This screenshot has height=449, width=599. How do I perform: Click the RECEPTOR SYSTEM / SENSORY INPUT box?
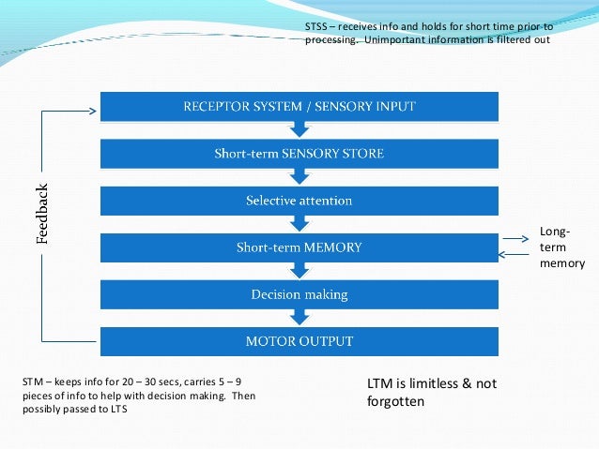tap(299, 107)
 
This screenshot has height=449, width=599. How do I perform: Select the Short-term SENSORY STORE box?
tap(299, 153)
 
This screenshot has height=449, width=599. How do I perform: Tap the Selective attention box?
tap(299, 201)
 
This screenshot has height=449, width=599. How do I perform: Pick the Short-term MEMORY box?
tap(299, 247)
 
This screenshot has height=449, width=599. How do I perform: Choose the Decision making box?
tap(299, 294)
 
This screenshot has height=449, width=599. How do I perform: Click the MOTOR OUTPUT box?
tap(299, 340)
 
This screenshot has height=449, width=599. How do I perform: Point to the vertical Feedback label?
tap(41, 214)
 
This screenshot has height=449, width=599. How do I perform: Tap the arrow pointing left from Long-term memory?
tap(515, 254)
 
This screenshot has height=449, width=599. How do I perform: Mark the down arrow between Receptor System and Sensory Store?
tap(299, 129)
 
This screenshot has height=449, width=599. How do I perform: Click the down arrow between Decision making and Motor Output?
tap(299, 318)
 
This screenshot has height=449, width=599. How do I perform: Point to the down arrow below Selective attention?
tap(299, 224)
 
